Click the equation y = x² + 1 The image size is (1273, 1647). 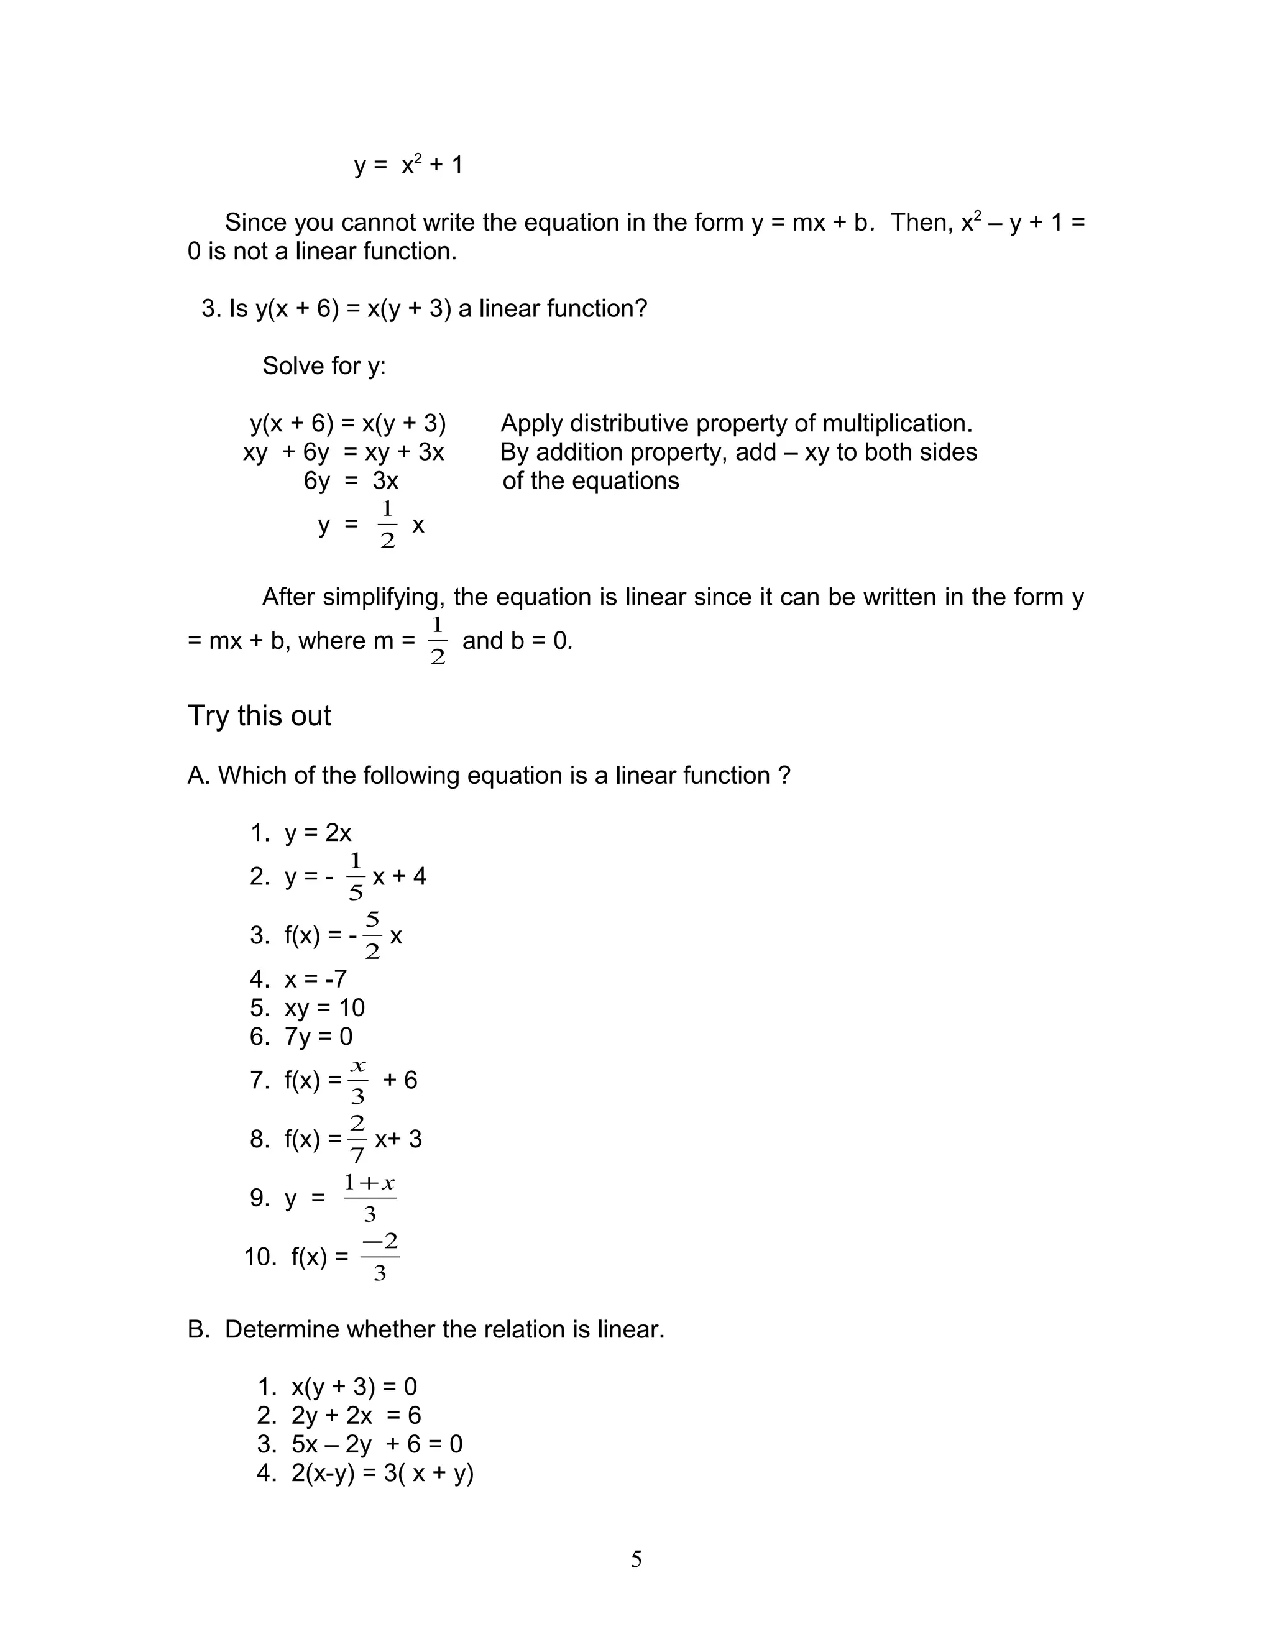click(408, 165)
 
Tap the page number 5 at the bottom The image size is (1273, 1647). click(636, 1559)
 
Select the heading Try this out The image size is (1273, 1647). click(259, 715)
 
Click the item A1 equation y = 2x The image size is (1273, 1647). click(318, 833)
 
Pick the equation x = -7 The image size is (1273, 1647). click(315, 979)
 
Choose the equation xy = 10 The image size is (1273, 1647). click(324, 1007)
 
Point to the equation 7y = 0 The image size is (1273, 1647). click(318, 1036)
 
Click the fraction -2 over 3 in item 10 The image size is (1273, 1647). click(380, 1257)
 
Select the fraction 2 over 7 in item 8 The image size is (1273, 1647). click(357, 1139)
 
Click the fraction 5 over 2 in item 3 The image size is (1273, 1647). click(372, 936)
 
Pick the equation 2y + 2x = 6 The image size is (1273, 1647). click(356, 1415)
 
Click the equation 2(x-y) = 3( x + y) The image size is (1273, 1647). click(382, 1473)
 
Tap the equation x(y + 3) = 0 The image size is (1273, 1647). click(354, 1387)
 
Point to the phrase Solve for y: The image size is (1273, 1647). click(323, 365)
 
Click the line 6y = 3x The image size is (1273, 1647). click(351, 480)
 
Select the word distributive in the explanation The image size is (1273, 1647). click(629, 423)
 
